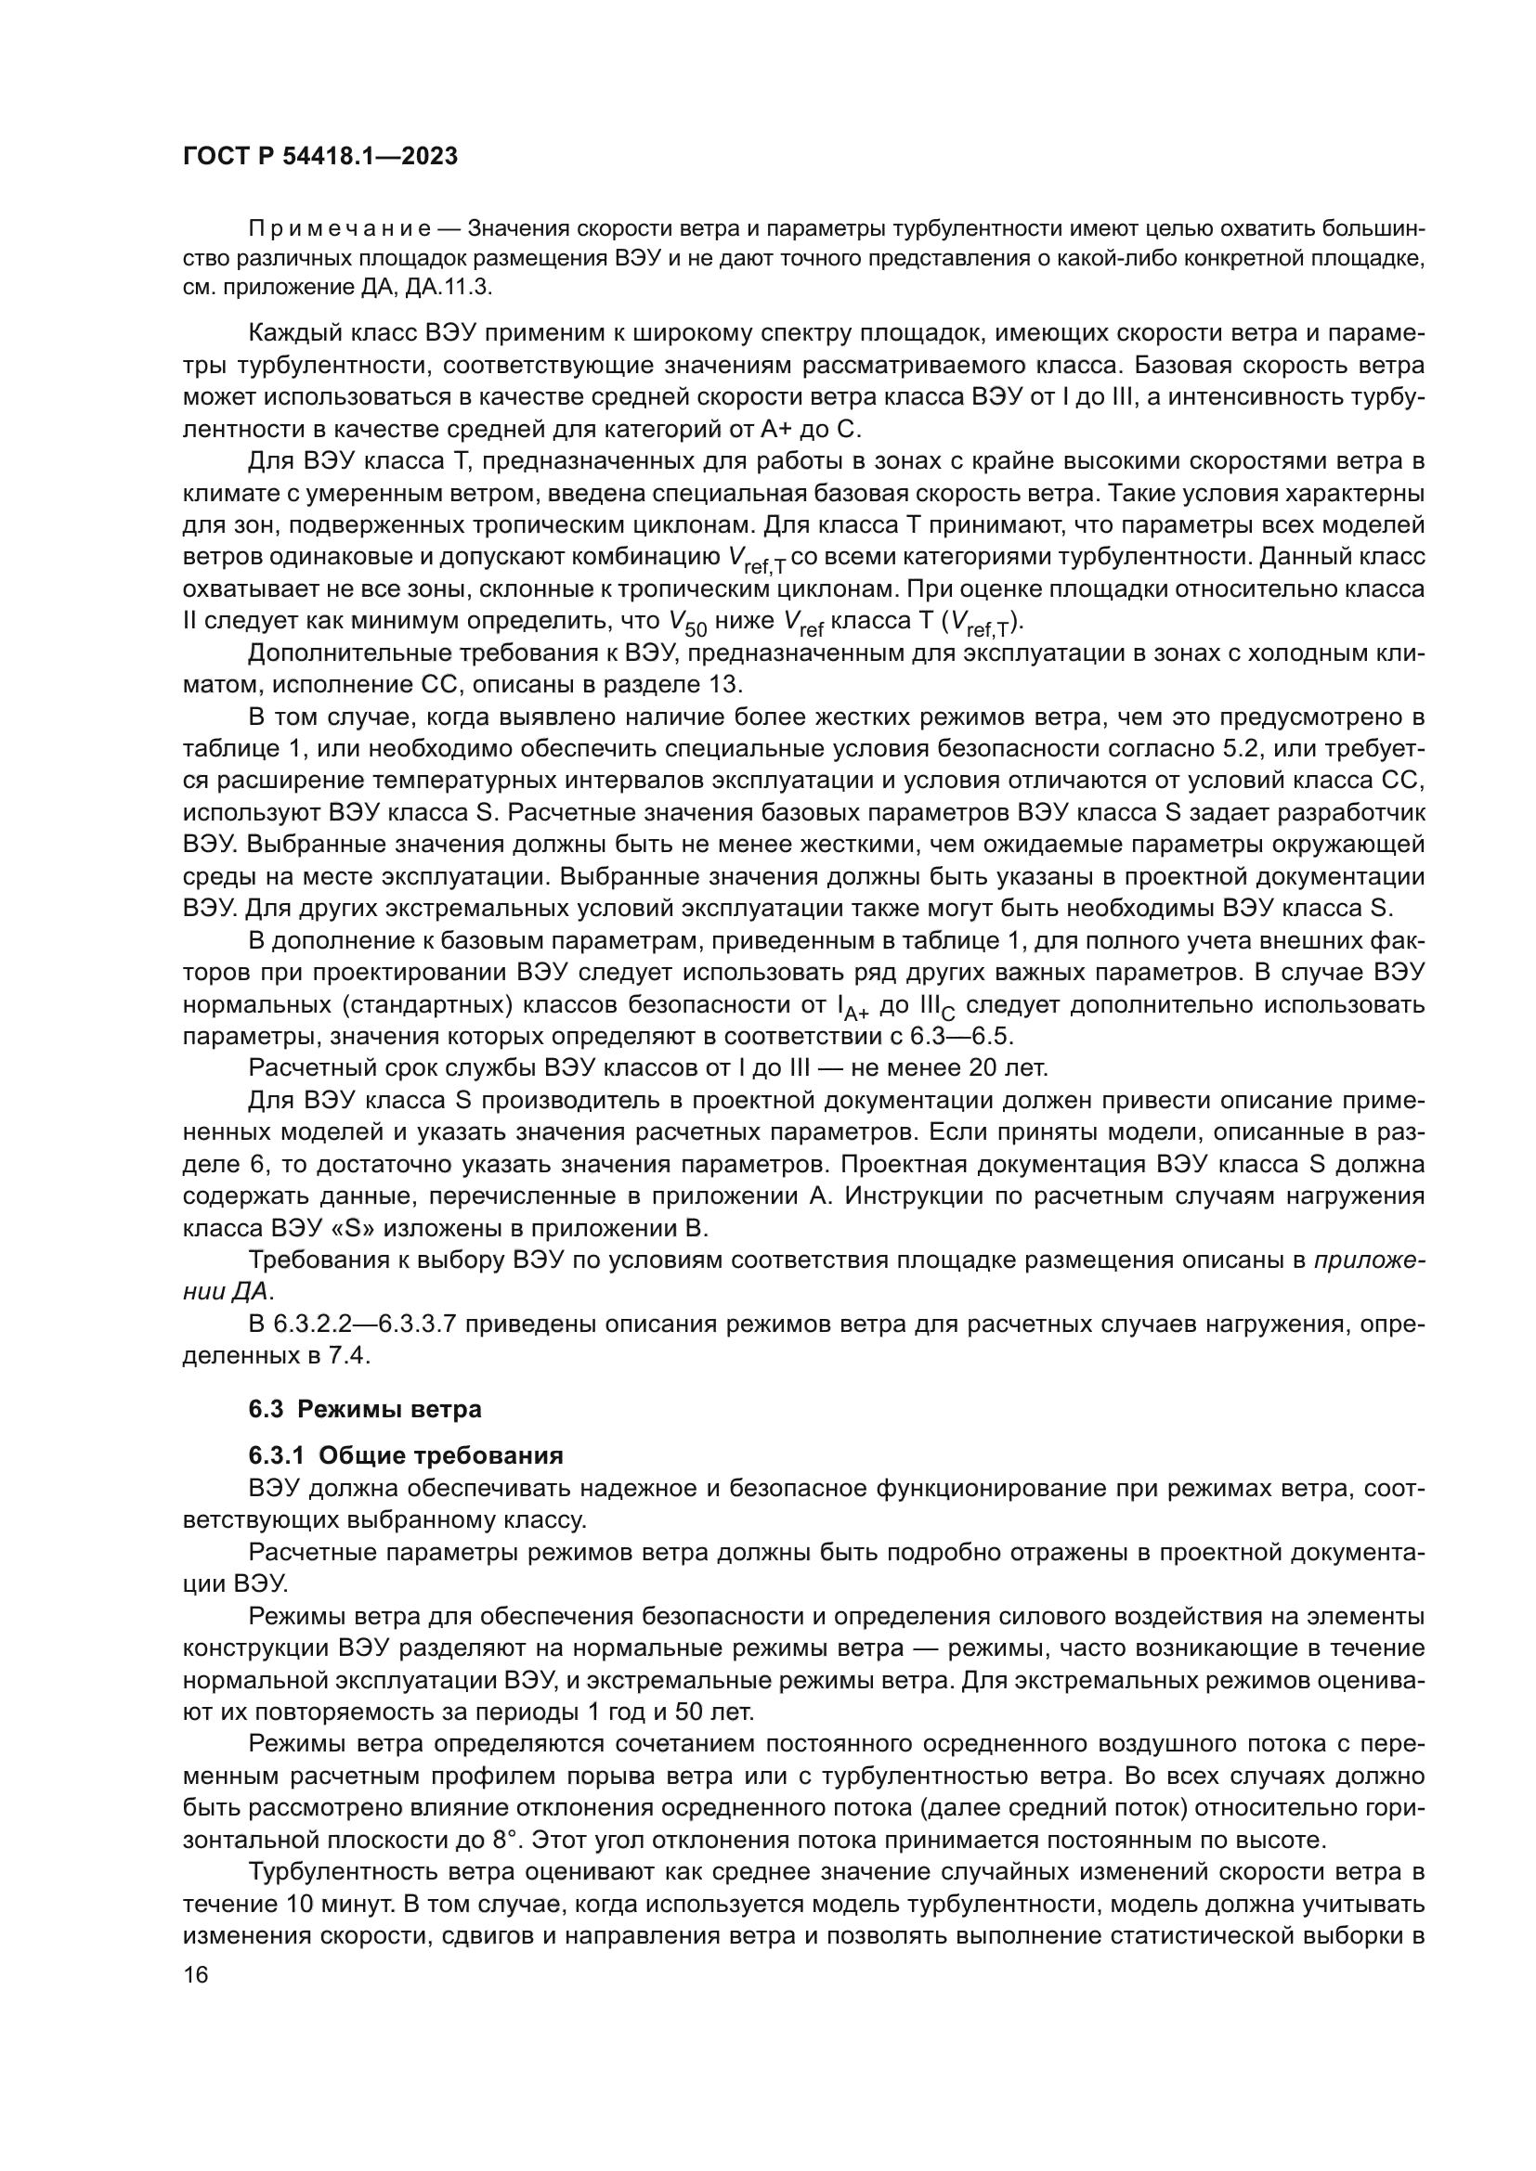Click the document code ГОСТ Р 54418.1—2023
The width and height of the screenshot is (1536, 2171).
pyautogui.click(x=319, y=157)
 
